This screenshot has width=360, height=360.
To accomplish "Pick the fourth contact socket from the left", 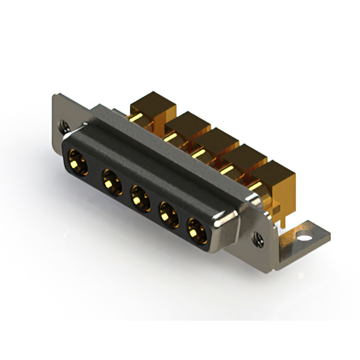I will point(168,214).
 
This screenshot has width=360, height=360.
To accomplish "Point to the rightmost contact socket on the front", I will point(196,231).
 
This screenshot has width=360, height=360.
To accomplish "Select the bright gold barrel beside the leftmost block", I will point(135,118).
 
